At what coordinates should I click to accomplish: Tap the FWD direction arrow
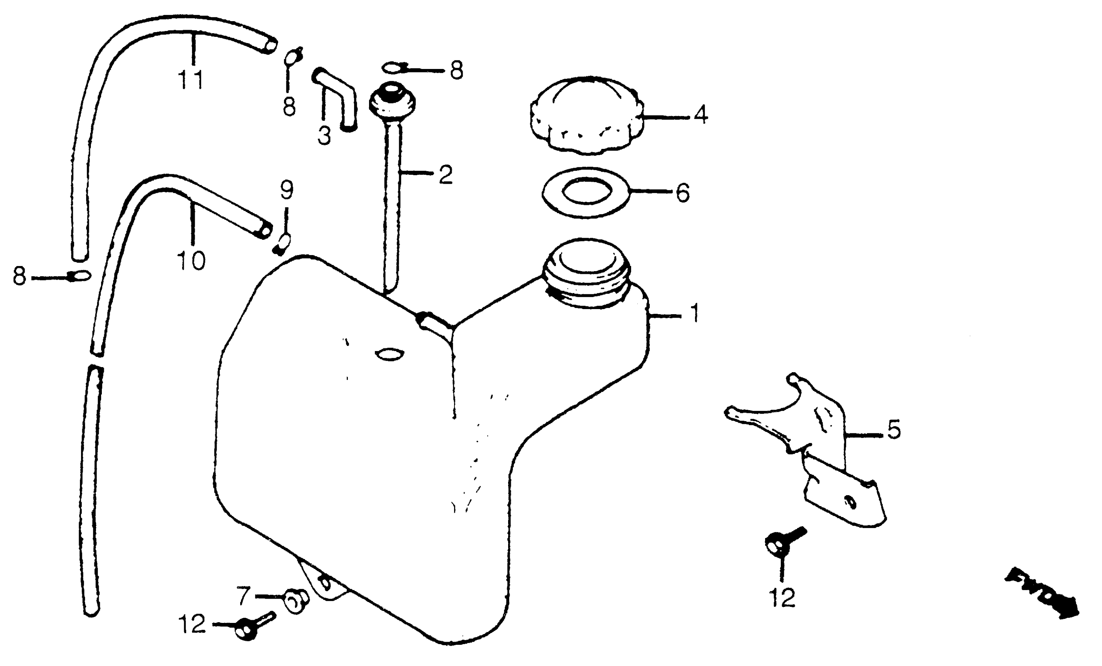(x=1042, y=593)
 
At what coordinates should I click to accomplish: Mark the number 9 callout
(x=287, y=190)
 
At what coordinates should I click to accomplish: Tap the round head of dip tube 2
(x=392, y=99)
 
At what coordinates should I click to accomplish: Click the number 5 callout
(x=893, y=429)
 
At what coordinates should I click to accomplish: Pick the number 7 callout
(x=243, y=596)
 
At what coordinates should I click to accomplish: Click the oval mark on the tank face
(x=390, y=355)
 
